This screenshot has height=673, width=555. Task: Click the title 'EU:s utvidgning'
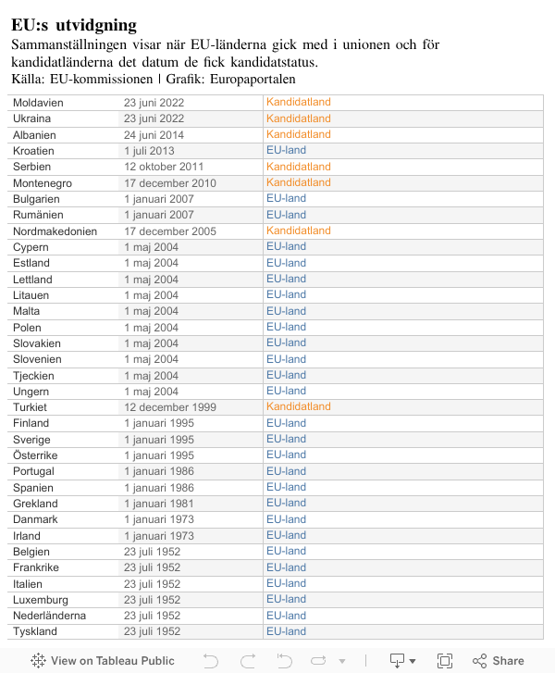pos(74,25)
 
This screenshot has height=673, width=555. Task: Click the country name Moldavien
pos(38,103)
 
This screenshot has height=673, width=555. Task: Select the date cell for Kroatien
pos(149,151)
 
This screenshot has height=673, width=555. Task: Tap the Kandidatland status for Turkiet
pos(298,406)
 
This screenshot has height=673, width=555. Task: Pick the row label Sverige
pos(31,440)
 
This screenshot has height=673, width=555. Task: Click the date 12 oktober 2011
pos(164,167)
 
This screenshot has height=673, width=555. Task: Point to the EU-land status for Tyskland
pos(286,631)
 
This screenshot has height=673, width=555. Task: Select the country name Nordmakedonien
pos(55,231)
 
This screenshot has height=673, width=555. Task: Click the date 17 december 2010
pos(170,183)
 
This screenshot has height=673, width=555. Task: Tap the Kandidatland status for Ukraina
pos(298,118)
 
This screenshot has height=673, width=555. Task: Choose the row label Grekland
pos(35,504)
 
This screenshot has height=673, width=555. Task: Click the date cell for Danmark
pos(159,519)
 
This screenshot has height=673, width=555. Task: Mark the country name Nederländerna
pos(49,616)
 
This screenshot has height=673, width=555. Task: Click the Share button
pos(499,661)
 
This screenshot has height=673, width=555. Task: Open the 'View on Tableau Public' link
pos(103,661)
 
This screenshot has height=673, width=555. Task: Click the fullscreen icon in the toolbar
pos(445,661)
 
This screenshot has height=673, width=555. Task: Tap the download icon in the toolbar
pos(398,661)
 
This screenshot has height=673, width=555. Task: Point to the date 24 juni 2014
pos(154,135)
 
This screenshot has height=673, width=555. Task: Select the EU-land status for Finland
pos(286,423)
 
